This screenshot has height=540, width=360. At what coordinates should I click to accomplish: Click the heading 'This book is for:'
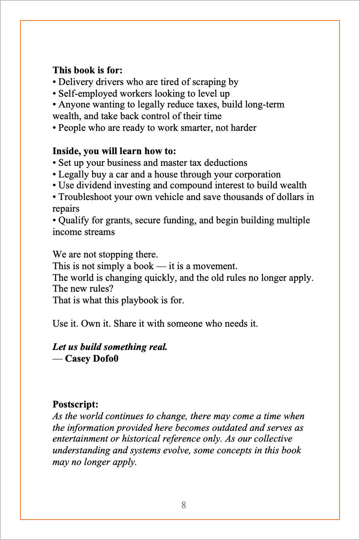(87, 70)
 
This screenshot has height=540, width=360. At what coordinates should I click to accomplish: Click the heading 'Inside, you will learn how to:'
(114, 151)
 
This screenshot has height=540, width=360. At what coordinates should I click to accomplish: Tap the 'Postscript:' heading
(75, 404)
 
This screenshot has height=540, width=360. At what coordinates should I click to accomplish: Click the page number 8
(184, 505)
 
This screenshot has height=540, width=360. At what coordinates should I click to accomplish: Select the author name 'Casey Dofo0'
(92, 358)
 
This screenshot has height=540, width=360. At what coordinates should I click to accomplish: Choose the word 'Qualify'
(73, 220)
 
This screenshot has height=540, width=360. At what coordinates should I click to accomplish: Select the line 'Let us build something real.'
(110, 347)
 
